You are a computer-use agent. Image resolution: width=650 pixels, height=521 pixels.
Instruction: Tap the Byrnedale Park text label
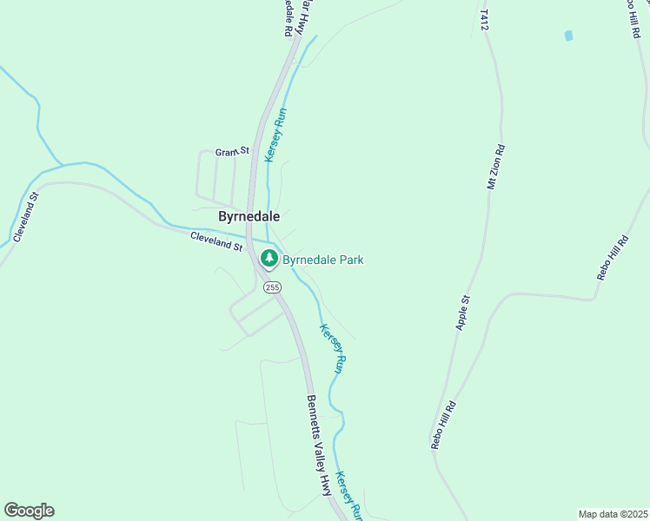click(322, 260)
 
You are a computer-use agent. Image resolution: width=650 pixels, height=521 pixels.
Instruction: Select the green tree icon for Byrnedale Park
click(269, 258)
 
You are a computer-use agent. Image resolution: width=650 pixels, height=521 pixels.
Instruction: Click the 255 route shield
click(273, 287)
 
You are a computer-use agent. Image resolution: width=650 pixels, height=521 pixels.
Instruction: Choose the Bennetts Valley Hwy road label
click(319, 445)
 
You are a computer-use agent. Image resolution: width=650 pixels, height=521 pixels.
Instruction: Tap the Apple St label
click(463, 313)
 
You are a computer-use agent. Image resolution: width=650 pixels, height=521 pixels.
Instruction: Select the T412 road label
click(484, 21)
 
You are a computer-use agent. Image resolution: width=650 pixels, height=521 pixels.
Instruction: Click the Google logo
click(30, 511)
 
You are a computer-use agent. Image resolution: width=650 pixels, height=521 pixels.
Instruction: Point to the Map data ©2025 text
click(614, 514)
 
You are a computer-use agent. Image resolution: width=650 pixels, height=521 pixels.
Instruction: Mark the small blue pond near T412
click(569, 36)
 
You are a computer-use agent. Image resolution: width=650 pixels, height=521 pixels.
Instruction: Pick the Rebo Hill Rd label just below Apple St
click(443, 425)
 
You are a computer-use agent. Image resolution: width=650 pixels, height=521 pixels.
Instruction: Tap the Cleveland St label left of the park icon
click(216, 241)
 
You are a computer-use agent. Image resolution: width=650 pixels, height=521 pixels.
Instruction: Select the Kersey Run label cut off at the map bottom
click(349, 495)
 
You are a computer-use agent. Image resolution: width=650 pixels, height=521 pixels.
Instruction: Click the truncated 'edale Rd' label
click(288, 18)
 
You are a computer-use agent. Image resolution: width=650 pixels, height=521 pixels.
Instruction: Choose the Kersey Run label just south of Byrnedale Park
click(334, 348)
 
